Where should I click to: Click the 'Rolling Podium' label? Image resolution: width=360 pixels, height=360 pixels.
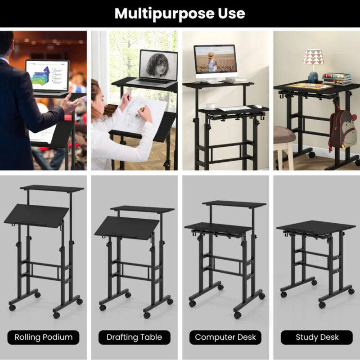pos(44,337)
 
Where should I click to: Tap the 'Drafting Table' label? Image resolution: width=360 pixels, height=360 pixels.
pos(135,337)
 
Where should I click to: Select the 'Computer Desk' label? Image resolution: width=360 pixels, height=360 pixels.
pos(225,337)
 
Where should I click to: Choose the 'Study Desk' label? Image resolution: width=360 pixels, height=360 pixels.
pos(317,337)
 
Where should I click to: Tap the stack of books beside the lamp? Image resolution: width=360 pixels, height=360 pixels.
pos(337,79)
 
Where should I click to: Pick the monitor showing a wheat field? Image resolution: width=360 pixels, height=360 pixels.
pos(215,62)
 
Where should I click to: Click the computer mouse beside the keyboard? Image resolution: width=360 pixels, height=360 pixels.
pos(256,107)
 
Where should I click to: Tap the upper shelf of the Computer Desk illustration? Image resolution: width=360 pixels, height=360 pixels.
pos(234,204)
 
